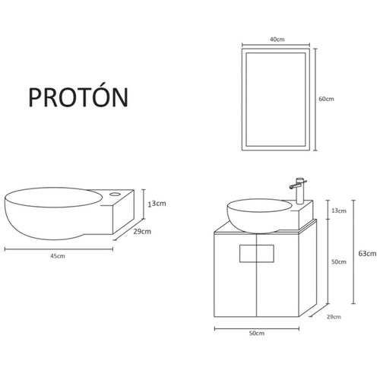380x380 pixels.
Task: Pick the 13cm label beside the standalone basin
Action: pos(157,204)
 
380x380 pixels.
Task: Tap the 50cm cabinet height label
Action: pos(339,262)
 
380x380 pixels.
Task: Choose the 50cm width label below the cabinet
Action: pos(256,334)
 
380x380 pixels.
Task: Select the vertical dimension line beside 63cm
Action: pos(353,253)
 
